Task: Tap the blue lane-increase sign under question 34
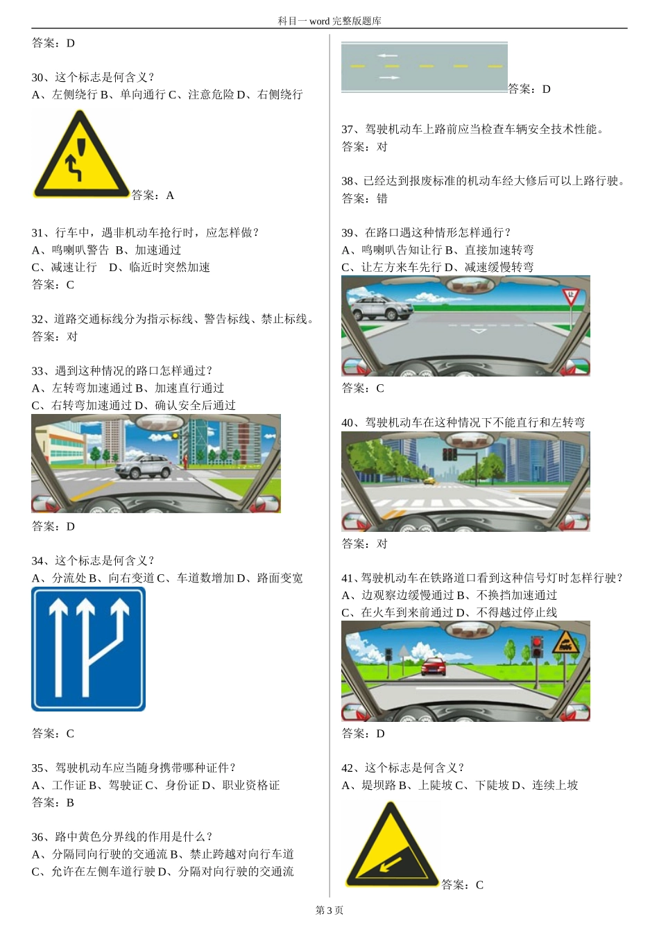tap(88, 648)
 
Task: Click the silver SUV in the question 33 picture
tap(144, 465)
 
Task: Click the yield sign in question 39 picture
tap(570, 297)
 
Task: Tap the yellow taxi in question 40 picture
tap(430, 480)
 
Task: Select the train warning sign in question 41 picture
tap(565, 643)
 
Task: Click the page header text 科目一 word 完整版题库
tap(329, 21)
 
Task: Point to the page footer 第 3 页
tap(329, 910)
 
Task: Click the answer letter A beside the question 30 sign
tap(170, 196)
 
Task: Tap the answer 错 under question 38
tap(382, 198)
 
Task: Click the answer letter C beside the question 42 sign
tap(479, 885)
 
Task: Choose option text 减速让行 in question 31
tap(74, 267)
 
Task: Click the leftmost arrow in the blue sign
tap(58, 645)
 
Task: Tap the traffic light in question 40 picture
tap(450, 454)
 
